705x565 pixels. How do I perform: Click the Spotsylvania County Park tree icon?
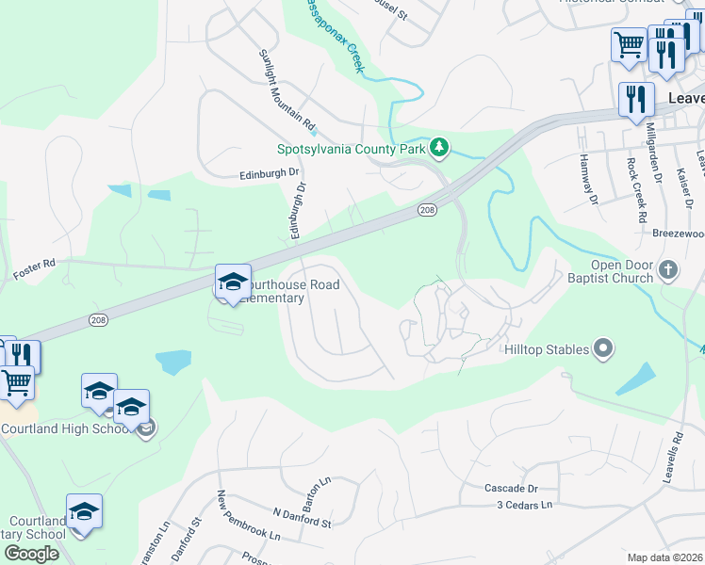pos(438,148)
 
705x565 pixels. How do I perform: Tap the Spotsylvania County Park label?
pos(351,149)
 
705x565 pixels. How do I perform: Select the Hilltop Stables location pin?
pos(603,349)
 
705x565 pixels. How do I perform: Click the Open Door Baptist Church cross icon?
pos(668,270)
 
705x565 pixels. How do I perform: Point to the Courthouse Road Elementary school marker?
pos(233,281)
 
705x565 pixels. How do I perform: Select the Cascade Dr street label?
pos(511,489)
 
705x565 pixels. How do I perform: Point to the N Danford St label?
pos(302,517)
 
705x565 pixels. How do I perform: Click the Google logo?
pos(31,554)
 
